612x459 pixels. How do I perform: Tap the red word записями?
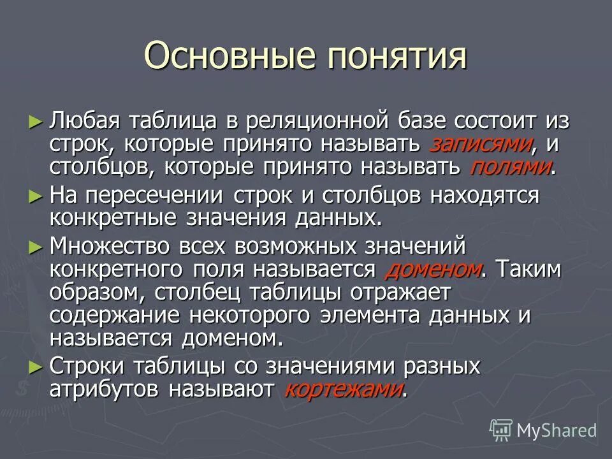[481, 144]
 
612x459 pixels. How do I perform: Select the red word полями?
[510, 168]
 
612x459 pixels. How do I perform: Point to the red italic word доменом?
[433, 269]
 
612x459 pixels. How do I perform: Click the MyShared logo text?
[557, 430]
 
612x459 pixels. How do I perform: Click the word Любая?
[80, 120]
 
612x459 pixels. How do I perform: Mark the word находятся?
[484, 195]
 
